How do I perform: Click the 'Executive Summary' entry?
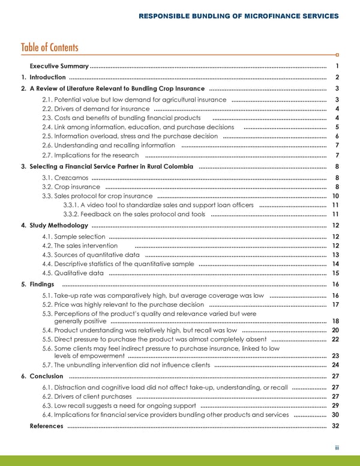coord(59,66)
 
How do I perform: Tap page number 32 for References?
coord(335,426)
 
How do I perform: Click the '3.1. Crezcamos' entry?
coord(65,178)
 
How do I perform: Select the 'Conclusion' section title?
coord(46,377)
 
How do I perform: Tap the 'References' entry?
coord(46,426)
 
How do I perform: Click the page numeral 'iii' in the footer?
coord(338,447)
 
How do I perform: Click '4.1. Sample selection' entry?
coord(74,237)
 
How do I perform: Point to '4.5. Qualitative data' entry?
coord(73,273)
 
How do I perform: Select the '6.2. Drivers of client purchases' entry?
coord(87,397)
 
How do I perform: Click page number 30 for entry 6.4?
coord(335,415)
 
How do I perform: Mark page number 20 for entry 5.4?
coord(335,330)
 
